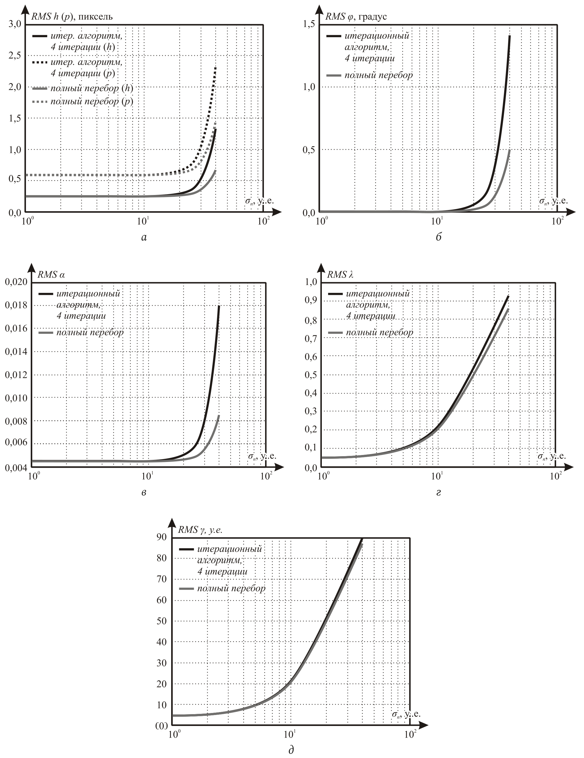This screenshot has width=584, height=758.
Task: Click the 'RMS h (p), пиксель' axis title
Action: [72, 17]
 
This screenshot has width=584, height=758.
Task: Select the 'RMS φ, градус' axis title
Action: [356, 17]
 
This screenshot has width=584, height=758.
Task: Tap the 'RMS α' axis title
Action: [51, 275]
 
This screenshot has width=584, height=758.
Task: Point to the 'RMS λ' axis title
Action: [340, 275]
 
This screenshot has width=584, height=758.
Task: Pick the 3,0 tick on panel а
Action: [15, 24]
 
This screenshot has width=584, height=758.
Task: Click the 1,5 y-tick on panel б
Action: [309, 24]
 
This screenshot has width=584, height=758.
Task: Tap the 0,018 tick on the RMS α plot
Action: [16, 305]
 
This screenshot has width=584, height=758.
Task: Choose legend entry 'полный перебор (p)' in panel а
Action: [92, 102]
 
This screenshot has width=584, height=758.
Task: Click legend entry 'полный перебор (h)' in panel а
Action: [92, 89]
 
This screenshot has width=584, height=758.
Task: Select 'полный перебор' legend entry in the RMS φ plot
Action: [379, 75]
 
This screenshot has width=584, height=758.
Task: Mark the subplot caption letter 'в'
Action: [144, 492]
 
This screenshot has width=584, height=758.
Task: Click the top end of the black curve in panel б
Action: [509, 36]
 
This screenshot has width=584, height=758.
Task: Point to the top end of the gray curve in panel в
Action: [219, 416]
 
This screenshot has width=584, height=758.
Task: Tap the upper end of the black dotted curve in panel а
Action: [216, 67]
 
